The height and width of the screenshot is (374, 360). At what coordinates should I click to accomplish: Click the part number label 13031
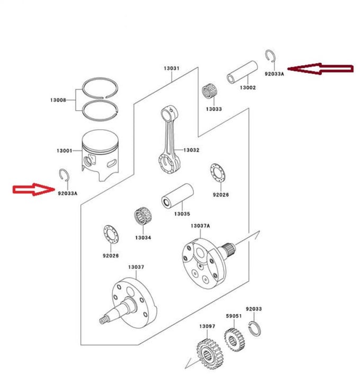172,68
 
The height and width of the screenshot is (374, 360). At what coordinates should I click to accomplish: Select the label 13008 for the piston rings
58,100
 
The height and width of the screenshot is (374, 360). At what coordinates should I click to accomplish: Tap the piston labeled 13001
101,155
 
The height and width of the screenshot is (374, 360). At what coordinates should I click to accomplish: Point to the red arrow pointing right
33,190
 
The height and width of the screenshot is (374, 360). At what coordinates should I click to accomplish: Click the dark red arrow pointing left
320,69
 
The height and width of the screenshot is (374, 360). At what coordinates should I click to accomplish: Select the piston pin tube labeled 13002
242,72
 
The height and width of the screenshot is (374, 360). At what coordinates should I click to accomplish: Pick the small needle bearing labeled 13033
209,91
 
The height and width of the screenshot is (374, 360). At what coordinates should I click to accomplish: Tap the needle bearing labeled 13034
143,216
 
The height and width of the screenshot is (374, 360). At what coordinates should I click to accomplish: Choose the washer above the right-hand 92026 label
218,173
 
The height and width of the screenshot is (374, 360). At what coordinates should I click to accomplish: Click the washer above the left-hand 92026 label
111,234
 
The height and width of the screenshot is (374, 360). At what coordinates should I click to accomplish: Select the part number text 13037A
200,226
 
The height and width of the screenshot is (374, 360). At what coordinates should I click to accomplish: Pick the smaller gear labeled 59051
235,339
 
